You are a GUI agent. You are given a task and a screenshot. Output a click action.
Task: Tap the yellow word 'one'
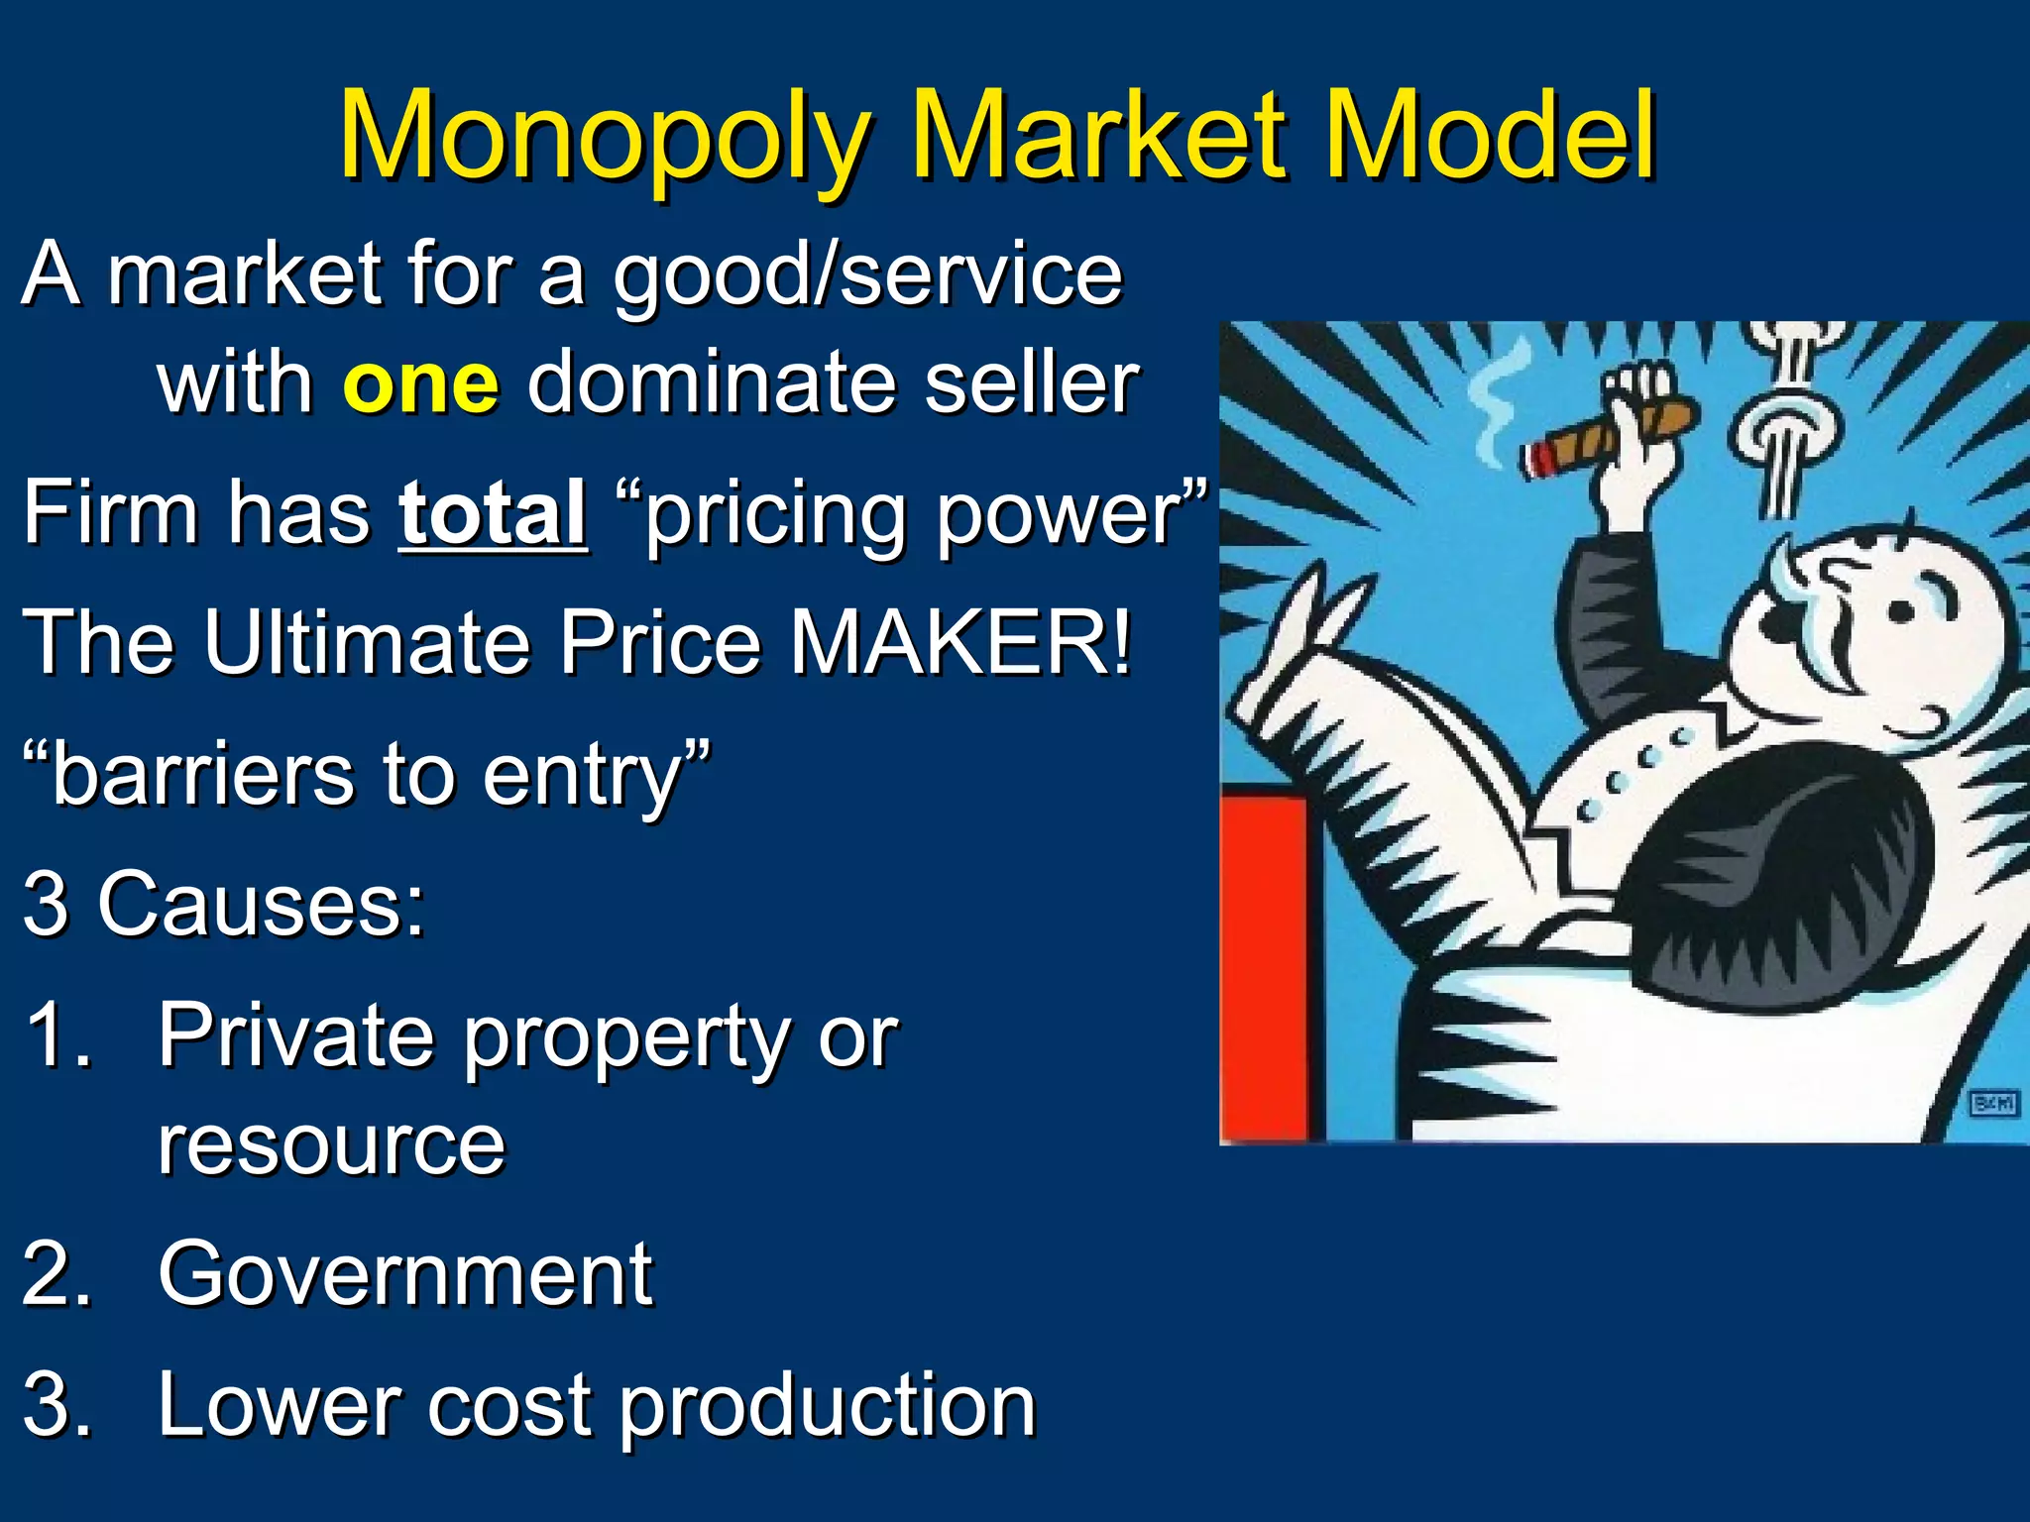coord(420,384)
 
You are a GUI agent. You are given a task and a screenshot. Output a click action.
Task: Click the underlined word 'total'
coord(493,513)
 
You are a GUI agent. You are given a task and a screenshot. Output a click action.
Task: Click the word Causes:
coord(262,904)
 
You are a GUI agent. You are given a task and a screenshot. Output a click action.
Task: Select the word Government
coord(404,1274)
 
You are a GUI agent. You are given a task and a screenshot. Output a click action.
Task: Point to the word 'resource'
coord(331,1145)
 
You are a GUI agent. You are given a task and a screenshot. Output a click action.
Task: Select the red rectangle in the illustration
coord(1264,966)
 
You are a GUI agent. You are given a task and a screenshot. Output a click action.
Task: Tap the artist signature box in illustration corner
coord(1993,1103)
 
